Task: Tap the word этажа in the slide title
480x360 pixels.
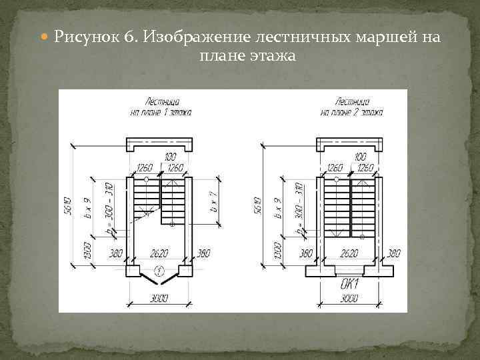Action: tap(273, 56)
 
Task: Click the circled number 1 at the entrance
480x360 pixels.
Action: tap(159, 270)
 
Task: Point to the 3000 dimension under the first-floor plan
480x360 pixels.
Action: tap(159, 298)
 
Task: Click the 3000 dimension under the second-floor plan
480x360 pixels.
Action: tap(350, 298)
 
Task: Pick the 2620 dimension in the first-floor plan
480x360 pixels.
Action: tap(159, 253)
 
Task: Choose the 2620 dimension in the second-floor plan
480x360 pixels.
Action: tap(350, 253)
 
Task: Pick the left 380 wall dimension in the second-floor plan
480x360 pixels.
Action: tap(306, 253)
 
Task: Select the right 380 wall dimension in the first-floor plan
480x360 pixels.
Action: tap(203, 253)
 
